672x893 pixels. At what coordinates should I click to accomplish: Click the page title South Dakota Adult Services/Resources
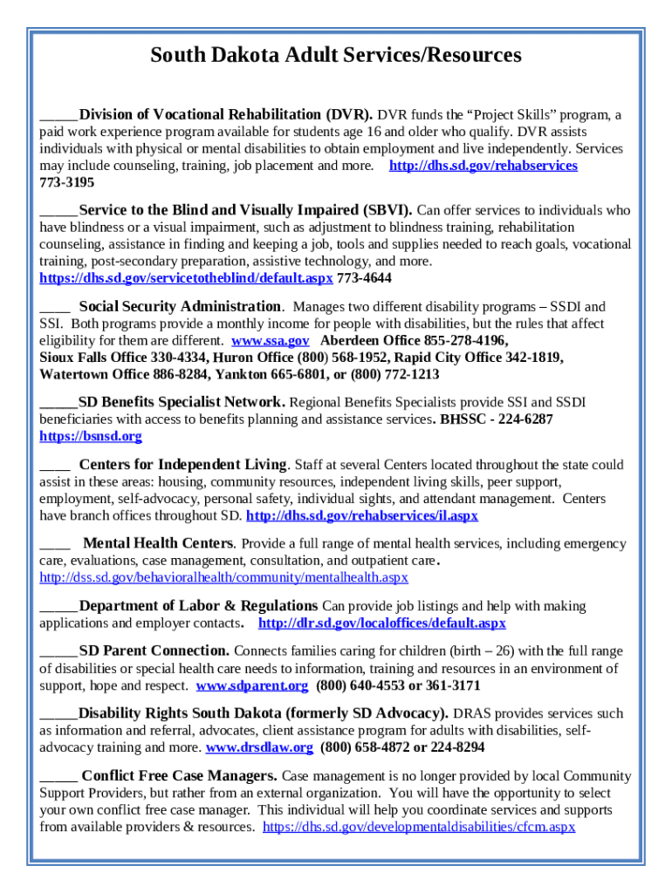pos(336,56)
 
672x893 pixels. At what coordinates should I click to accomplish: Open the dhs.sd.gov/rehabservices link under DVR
pos(483,166)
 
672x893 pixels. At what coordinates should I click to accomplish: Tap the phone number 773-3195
pos(67,183)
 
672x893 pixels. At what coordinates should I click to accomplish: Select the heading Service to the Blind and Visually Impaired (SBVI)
pos(247,210)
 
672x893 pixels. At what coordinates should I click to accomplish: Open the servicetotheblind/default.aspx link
pos(186,278)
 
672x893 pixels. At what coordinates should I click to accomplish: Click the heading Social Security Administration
pos(180,306)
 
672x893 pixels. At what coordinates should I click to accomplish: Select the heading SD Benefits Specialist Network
pos(182,402)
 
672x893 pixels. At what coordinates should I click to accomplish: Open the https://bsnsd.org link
pos(91,436)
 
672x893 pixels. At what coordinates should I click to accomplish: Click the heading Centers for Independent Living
pos(182,464)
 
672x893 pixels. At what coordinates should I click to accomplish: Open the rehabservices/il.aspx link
pos(362,516)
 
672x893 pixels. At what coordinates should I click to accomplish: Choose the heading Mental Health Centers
pos(157,543)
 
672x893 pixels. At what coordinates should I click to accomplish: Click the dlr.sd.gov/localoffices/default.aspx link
pos(382,624)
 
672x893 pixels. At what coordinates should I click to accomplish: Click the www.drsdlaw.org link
pos(258,747)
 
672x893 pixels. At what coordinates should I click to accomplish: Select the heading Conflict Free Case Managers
pos(180,775)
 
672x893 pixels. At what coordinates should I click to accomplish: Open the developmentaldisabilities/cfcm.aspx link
pos(419,827)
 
